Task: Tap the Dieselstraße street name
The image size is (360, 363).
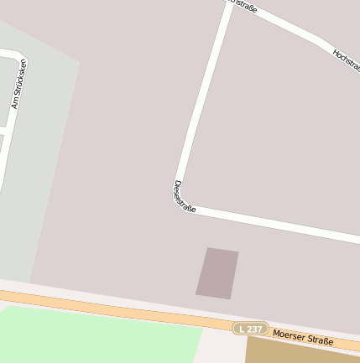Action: pyautogui.click(x=184, y=196)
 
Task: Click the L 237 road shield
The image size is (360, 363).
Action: pyautogui.click(x=251, y=329)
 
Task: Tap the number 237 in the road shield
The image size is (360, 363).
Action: pyautogui.click(x=255, y=329)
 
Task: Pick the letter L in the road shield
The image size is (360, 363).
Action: pyautogui.click(x=243, y=328)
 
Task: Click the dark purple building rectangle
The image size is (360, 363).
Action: pyautogui.click(x=217, y=272)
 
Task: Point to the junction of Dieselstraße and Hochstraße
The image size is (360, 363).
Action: pyautogui.click(x=231, y=4)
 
